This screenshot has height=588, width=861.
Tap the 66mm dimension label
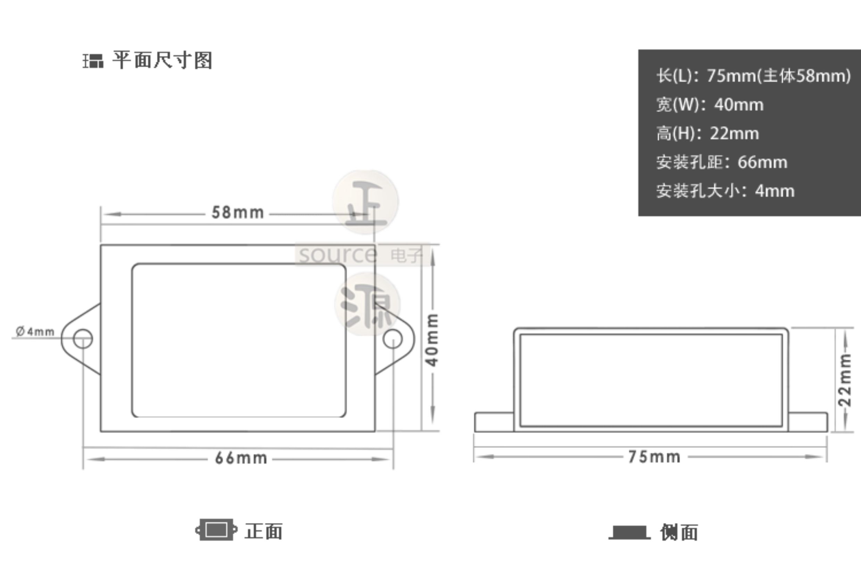click(241, 459)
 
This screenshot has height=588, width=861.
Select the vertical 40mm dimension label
click(432, 340)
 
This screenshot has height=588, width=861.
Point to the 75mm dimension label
click(654, 457)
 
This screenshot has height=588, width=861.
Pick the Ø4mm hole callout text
click(35, 331)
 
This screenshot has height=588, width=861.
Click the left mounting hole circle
click(83, 339)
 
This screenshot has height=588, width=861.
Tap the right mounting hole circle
click(392, 339)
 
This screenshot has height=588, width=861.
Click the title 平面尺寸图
click(162, 60)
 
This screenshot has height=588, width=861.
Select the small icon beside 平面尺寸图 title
click(93, 61)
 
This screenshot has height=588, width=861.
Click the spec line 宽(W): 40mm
click(710, 105)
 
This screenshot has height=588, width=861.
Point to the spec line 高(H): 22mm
click(707, 133)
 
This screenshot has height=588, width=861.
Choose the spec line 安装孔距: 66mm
click(721, 162)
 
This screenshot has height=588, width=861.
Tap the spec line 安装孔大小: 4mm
click(725, 191)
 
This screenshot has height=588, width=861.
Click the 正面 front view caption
click(264, 531)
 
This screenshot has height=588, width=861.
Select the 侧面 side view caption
click(679, 532)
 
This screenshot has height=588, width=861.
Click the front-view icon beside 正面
click(216, 530)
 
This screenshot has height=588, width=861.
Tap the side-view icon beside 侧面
click(629, 532)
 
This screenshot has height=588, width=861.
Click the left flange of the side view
click(494, 422)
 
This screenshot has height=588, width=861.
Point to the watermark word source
click(338, 255)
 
